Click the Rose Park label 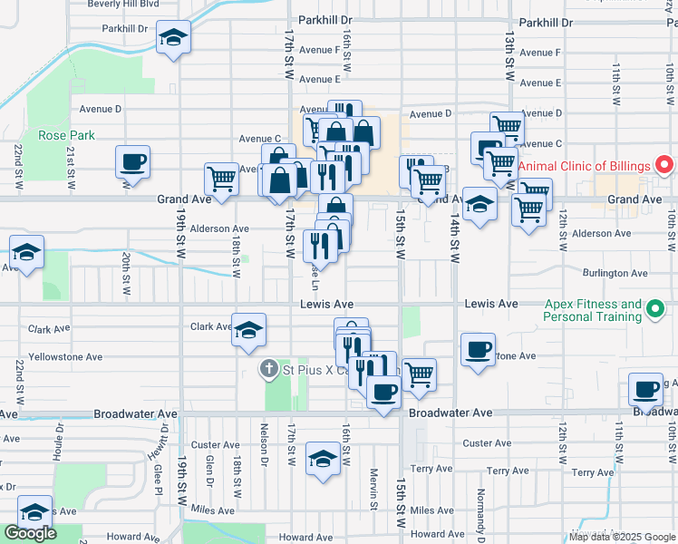pos(66,135)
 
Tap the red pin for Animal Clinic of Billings pos(663,166)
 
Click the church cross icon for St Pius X pos(268,369)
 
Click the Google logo pos(30,532)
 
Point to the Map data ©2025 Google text pos(622,536)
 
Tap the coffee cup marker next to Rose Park pos(132,162)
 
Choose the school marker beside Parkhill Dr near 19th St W pos(173,38)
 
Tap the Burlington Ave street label pos(615,273)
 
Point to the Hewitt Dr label pos(156,448)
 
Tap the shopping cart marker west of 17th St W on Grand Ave pos(221,179)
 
